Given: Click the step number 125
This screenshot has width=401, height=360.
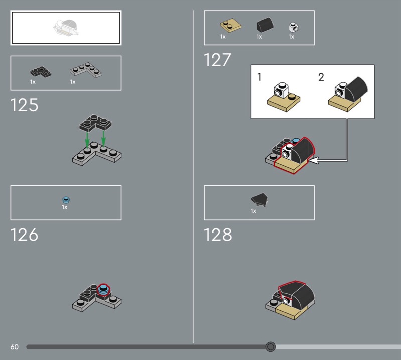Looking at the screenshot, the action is pos(24,105).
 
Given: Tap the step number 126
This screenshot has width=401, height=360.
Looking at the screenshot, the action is pos(24,235).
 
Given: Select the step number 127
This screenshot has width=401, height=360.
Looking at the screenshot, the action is pos(217,60).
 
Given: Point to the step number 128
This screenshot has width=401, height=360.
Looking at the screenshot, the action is pos(218,235).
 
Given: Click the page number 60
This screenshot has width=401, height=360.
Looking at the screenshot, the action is pos(15,347).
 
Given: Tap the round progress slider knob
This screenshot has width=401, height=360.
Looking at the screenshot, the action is pos(270,347).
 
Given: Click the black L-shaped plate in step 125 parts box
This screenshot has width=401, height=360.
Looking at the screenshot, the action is pos(41,71).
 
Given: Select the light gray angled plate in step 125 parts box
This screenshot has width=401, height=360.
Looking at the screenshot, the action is pos(86,69).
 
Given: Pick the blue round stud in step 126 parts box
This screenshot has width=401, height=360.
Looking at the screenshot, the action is pos(66,200).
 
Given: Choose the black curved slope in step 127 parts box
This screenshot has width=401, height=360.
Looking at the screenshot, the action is pos(265,25).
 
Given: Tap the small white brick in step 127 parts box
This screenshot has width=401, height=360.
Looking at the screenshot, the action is pos(294,27).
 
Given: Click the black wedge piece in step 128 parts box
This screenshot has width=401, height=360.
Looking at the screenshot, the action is pos(260,200).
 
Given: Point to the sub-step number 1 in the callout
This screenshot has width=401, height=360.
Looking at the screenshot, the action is pos(259,77).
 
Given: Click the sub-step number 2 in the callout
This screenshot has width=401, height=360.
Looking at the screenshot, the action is pos(321,77).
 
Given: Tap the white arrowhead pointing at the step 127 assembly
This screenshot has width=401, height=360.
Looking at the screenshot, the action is pos(314,160).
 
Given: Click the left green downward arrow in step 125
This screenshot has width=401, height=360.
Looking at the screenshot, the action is pos(87,140).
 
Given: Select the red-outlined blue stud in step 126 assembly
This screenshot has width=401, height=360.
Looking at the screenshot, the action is pos(103,289).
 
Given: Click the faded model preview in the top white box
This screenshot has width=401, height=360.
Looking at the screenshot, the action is pos(66,28).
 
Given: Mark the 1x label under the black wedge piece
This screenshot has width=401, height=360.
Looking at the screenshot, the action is pos(253,211).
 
